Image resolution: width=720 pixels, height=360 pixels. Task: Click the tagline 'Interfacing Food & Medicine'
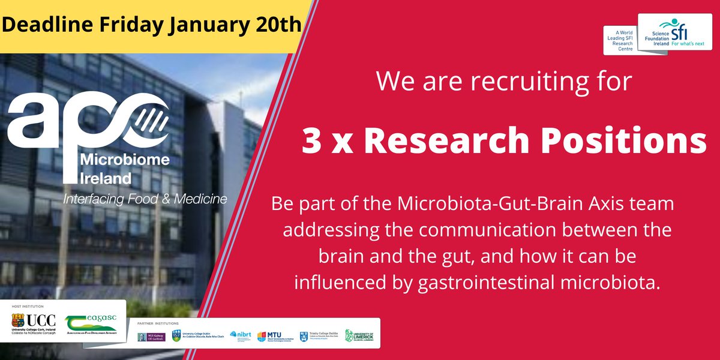(x=145, y=199)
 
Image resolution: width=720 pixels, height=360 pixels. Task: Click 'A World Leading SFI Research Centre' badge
(x=620, y=40)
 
